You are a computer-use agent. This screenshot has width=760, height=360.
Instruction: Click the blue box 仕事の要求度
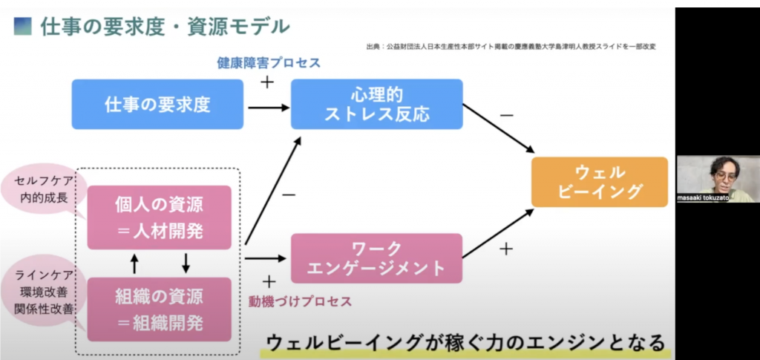point(157,104)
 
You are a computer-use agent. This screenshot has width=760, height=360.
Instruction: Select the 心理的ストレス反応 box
point(376,104)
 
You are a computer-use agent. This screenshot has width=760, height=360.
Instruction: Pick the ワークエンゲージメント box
point(376,258)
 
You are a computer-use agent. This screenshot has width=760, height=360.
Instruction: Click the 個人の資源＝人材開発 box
point(159,217)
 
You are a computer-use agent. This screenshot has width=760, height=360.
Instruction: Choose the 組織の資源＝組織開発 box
point(159,309)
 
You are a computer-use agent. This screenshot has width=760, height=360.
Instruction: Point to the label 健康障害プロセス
point(269,63)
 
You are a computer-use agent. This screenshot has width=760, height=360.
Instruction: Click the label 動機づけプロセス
point(300,301)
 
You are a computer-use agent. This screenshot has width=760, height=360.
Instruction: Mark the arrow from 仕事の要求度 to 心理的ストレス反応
point(267,108)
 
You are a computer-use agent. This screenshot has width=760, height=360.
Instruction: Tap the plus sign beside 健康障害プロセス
point(267,82)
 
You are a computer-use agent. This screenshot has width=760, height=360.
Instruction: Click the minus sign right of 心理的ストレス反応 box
point(506,115)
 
